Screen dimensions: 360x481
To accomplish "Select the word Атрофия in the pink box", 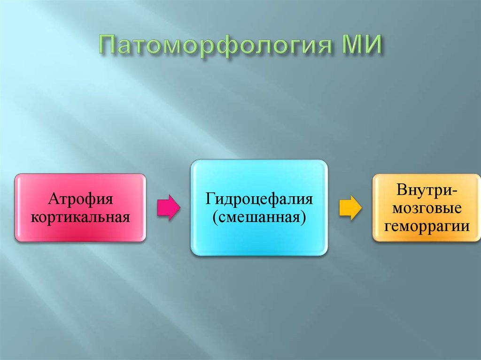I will click(x=80, y=199).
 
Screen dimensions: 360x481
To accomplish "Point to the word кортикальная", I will click(x=80, y=217).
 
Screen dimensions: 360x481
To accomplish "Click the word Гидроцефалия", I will click(x=259, y=199).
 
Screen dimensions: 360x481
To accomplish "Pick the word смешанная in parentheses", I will click(x=259, y=217).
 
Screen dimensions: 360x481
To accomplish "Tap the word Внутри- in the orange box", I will click(x=427, y=191).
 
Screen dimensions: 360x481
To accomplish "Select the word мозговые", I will click(x=427, y=208).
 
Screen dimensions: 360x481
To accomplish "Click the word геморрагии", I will click(x=427, y=226).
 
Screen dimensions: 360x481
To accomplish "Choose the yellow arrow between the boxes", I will click(x=350, y=208).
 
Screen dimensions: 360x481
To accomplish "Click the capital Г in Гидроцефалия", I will click(x=208, y=199).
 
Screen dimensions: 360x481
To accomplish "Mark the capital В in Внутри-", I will click(x=401, y=191).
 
